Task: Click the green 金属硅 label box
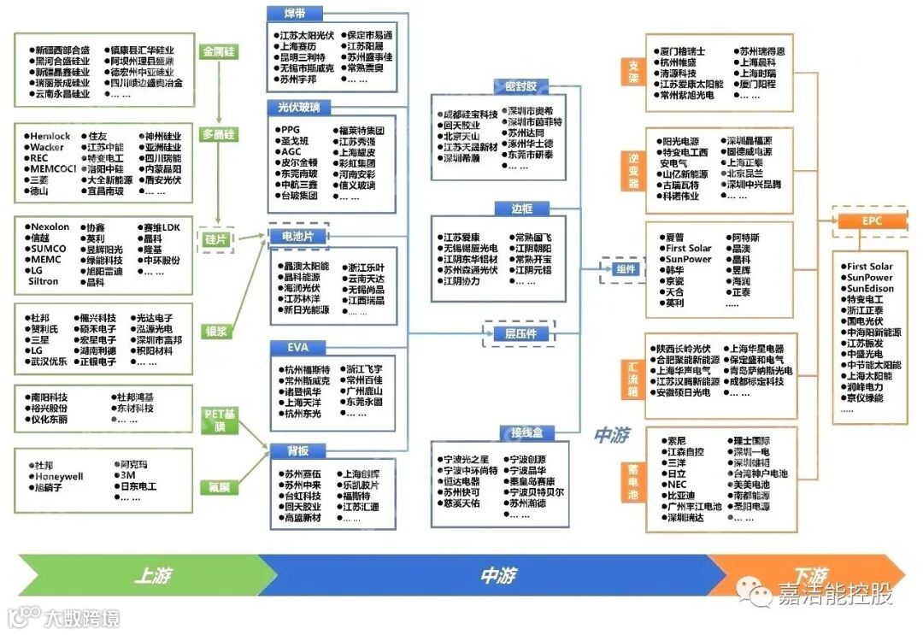[x=219, y=52]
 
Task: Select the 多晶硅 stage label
[x=219, y=135]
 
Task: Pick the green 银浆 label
[x=216, y=331]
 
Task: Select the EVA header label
[x=286, y=346]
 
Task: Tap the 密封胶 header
[x=520, y=86]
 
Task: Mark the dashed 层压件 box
[x=520, y=333]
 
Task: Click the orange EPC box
[x=871, y=221]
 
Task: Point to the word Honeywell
[x=58, y=476]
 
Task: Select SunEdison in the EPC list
[x=870, y=289]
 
